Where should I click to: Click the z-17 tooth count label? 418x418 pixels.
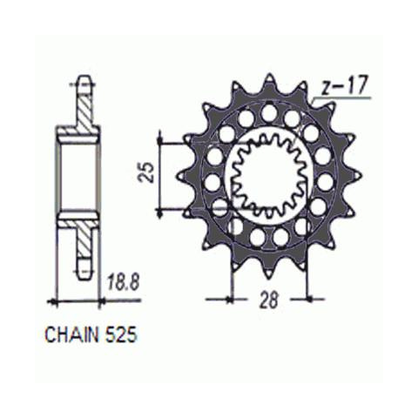point(345,86)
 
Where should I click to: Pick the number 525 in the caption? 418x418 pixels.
point(120,334)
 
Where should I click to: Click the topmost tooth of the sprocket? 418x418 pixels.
point(269,83)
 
